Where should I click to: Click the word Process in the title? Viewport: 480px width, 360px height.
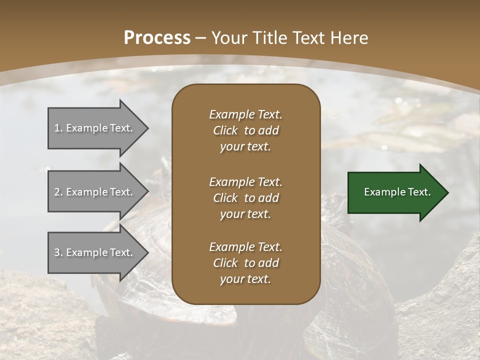[x=157, y=38]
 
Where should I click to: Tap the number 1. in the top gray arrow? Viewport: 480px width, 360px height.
[x=58, y=128]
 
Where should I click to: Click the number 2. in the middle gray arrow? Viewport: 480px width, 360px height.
[x=58, y=192]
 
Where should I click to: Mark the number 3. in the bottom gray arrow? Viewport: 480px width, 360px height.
[x=58, y=252]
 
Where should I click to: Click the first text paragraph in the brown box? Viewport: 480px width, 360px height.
[x=245, y=130]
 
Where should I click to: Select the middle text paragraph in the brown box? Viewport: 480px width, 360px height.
[x=245, y=198]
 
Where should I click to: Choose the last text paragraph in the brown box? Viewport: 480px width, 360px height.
[x=245, y=263]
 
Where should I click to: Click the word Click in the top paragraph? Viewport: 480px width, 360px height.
[x=225, y=130]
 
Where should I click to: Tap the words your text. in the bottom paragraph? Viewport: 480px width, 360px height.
[x=245, y=279]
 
